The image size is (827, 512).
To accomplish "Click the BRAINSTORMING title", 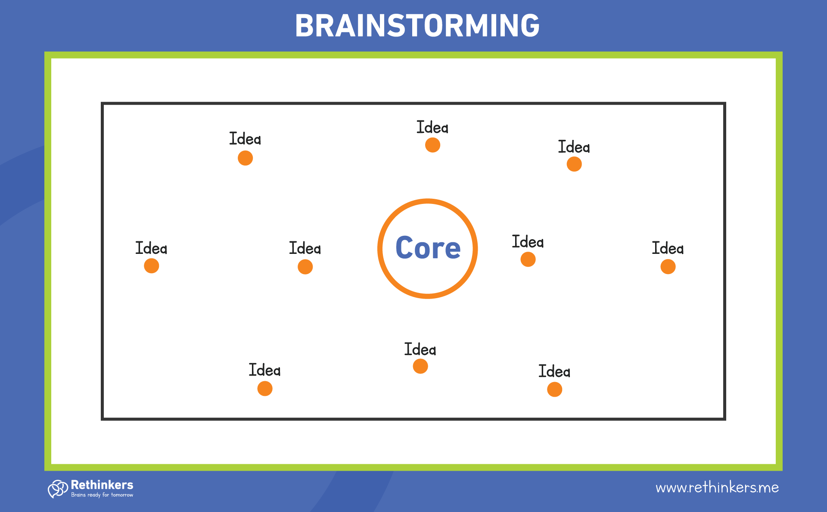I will pos(417,25).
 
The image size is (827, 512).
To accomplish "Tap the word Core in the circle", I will pos(428,248).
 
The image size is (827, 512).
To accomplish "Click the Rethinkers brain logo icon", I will pos(58,489).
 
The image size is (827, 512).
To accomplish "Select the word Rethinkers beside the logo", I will pos(102,485).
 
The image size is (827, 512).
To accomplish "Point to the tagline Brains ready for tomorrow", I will pos(102,495).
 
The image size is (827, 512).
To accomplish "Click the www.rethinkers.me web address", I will pos(717,487).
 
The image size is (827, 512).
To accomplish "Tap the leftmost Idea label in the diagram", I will pos(151,248).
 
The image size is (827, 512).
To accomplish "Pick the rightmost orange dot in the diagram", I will pos(668,267).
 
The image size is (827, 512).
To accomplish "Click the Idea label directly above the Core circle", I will pos(432,127).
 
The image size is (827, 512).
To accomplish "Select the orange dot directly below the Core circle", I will pos(420,366).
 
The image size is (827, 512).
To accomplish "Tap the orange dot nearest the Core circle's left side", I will pos(305,267).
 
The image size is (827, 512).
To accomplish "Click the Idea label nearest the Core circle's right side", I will pos(528,242).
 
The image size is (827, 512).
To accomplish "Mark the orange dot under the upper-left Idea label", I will pos(245,158).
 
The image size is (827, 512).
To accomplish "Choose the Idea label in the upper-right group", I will pos(574,147).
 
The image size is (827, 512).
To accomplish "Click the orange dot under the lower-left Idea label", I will pos(264,389).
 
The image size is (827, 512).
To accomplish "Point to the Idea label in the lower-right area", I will pos(554,371).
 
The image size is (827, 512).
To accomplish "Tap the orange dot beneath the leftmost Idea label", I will pos(151,266).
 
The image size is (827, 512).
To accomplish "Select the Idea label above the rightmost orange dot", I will pos(668,248).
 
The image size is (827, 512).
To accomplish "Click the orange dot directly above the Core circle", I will pos(432,145).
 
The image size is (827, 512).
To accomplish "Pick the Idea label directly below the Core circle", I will pos(420,349).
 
